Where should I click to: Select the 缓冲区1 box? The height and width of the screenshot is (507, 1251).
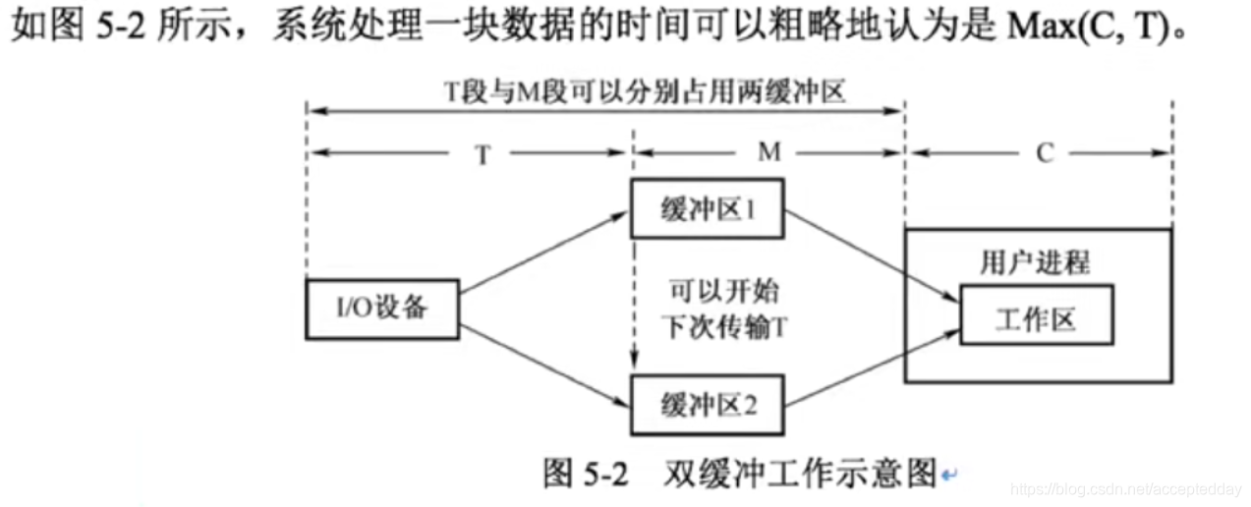708,208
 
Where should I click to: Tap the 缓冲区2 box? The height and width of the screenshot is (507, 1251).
708,404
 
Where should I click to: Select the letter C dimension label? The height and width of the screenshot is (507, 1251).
1044,154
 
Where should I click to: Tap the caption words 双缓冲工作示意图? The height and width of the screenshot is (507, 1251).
791,476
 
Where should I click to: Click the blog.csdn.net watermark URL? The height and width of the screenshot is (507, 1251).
1125,488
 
